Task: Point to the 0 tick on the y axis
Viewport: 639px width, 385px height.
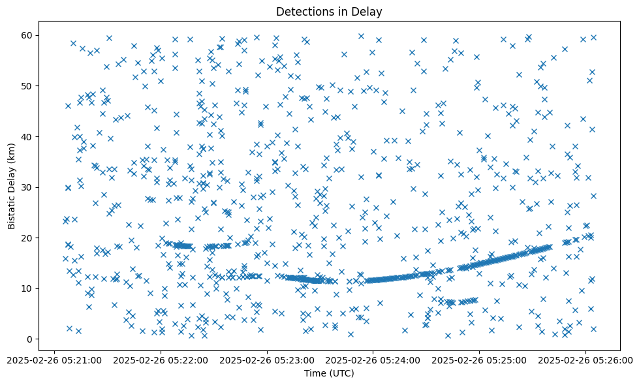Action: tap(29, 339)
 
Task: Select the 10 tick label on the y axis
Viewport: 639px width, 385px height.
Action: tap(27, 288)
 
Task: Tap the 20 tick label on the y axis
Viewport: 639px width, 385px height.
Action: tap(27, 238)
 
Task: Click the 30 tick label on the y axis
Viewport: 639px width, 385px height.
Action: tap(27, 187)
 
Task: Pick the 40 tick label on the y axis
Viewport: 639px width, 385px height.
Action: tap(27, 136)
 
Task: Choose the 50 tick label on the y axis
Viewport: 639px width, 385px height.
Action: tap(27, 86)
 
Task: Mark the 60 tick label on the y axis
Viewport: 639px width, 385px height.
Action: tap(27, 35)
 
